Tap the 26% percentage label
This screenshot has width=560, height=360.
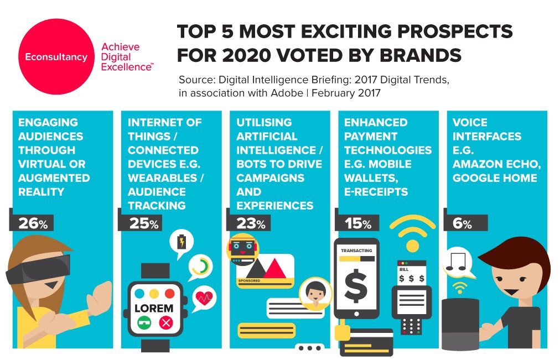point(33,223)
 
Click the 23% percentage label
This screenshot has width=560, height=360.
point(251,223)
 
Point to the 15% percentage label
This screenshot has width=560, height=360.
point(359,223)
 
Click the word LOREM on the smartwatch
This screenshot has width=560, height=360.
point(154,308)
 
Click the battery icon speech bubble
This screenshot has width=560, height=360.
point(182,243)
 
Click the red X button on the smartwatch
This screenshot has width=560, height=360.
point(165,322)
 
